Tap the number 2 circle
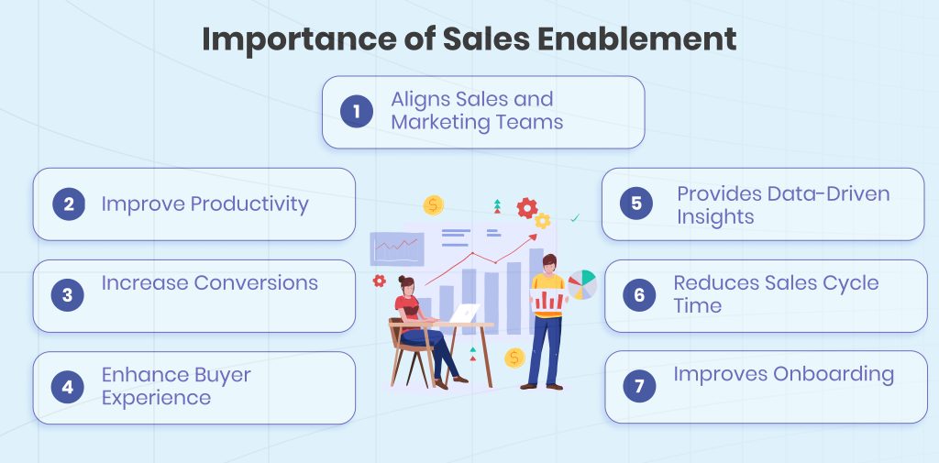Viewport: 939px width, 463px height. point(67,204)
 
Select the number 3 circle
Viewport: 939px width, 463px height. point(67,295)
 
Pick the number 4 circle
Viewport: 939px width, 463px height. point(67,387)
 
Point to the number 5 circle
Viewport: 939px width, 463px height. point(636,204)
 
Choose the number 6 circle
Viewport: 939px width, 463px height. point(639,294)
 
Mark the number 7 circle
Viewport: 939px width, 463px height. point(639,386)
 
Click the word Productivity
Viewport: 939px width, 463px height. point(249,204)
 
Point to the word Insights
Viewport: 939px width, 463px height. point(715,216)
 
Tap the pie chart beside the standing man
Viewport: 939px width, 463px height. point(582,284)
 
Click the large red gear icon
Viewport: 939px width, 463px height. point(526,208)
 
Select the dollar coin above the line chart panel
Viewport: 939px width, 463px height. point(434,204)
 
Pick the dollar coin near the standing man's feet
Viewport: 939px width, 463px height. point(514,357)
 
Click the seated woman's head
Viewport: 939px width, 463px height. point(407,286)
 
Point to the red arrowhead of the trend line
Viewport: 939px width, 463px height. point(534,238)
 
